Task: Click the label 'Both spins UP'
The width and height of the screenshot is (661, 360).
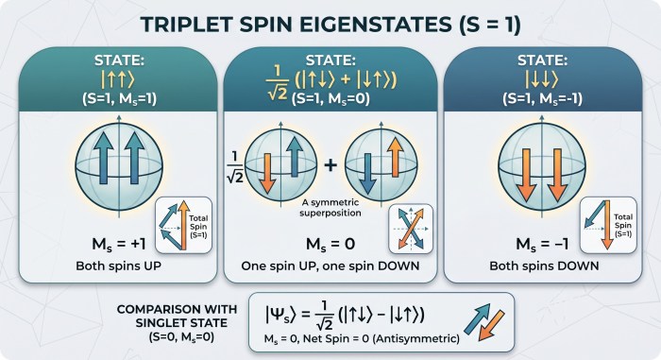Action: tap(118, 266)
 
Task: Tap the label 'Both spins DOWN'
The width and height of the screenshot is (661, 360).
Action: tap(544, 266)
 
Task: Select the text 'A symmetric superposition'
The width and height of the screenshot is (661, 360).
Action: tap(330, 208)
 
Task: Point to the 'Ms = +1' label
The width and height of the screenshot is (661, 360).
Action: tap(118, 244)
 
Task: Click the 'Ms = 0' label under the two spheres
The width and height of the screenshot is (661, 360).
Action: tap(330, 244)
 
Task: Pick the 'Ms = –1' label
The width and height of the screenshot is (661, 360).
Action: tap(542, 244)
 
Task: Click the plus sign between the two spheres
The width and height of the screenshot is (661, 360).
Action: tap(330, 164)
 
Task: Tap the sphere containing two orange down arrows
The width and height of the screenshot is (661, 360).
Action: tap(542, 166)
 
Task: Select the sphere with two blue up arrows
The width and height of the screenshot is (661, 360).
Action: tap(119, 166)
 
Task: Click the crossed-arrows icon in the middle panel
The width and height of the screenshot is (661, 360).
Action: tap(411, 229)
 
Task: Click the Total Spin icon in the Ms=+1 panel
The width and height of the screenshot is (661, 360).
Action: tap(183, 225)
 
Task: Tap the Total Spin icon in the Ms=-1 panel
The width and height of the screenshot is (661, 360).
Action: tap(608, 225)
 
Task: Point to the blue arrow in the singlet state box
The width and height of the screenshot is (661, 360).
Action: tap(477, 318)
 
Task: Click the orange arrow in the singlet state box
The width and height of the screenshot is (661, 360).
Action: tap(492, 325)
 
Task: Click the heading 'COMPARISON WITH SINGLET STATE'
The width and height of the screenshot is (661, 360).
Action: tap(177, 317)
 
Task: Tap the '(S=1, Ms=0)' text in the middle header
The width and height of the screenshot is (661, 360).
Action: tap(330, 99)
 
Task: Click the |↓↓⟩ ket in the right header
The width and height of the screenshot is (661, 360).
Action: tap(542, 79)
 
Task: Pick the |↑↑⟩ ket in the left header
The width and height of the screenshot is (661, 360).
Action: tap(118, 79)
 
